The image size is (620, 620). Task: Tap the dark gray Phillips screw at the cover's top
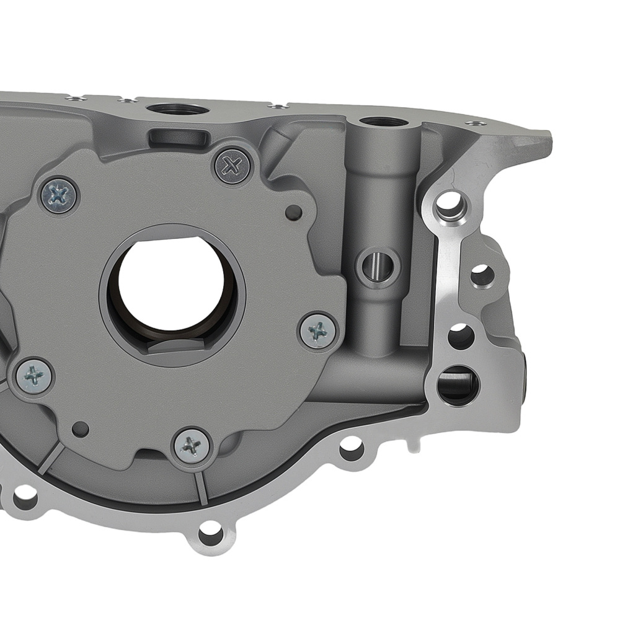pyautogui.click(x=232, y=165)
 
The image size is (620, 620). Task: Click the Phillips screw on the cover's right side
pyautogui.click(x=318, y=331)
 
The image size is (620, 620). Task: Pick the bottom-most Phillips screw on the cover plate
pyautogui.click(x=192, y=445)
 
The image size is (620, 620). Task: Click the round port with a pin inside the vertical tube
pyautogui.click(x=378, y=266)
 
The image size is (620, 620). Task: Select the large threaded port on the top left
pyautogui.click(x=177, y=110)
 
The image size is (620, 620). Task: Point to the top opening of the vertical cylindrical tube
pyautogui.click(x=383, y=122)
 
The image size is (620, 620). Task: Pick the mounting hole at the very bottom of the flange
pyautogui.click(x=210, y=533)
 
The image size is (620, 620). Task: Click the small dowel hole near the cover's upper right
pyautogui.click(x=294, y=213)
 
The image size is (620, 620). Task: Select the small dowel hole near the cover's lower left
pyautogui.click(x=80, y=428)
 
